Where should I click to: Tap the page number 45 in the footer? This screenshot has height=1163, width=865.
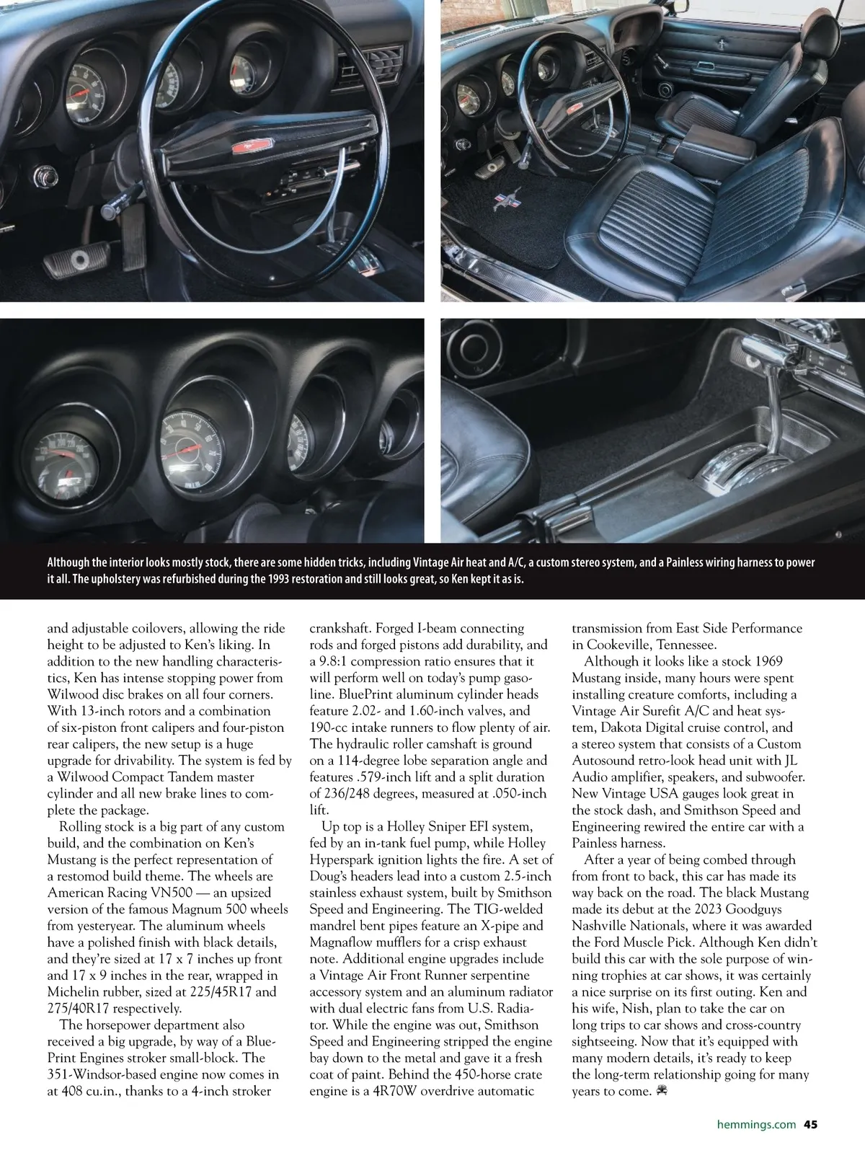pyautogui.click(x=810, y=1123)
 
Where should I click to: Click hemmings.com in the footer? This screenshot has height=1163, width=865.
pyautogui.click(x=756, y=1123)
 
